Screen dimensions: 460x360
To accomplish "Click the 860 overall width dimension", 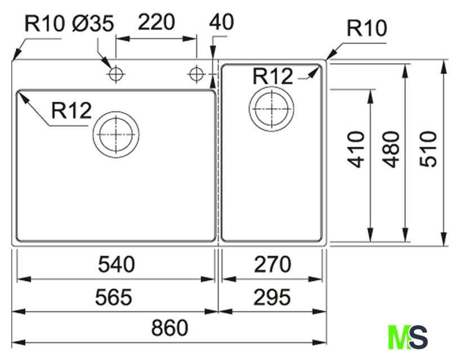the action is point(169,328).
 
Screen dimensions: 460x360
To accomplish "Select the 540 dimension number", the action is point(117,264).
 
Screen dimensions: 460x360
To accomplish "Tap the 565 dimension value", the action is point(114,297).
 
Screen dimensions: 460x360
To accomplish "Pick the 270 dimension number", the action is point(273,264).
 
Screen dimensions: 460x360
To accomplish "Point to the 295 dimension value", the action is point(272,297).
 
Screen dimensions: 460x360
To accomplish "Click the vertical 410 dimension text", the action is point(356,150).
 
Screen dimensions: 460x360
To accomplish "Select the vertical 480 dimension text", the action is point(391,150).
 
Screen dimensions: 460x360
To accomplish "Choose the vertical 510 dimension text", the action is point(428,150).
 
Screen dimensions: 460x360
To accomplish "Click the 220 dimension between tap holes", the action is point(157,22).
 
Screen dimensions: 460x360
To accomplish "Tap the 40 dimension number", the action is point(221,22).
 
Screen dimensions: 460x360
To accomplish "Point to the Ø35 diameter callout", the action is point(93,24).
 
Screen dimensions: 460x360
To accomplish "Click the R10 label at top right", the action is point(367,28).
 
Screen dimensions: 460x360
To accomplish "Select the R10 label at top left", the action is point(44,24).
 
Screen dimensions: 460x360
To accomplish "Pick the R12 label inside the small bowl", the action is point(273,76).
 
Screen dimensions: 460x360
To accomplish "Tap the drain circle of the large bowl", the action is point(116,135).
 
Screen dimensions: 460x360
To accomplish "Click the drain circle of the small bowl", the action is point(271,109).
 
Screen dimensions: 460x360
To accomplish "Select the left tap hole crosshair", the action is point(116,74).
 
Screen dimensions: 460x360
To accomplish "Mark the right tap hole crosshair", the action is point(196,74).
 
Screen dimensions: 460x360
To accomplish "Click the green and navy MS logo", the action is point(408,337).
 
